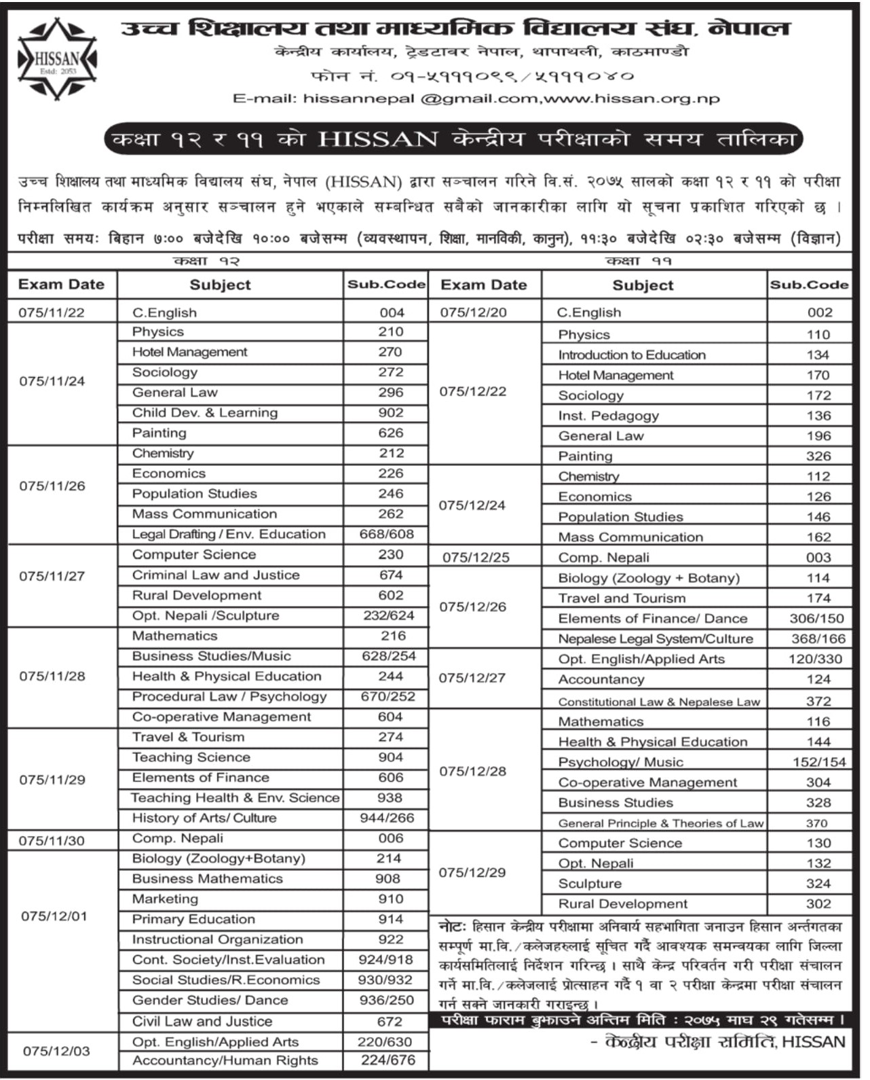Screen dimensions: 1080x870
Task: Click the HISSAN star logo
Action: pyautogui.click(x=57, y=58)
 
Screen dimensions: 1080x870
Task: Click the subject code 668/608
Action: pyautogui.click(x=386, y=535)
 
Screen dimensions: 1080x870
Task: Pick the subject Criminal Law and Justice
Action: pyautogui.click(x=216, y=575)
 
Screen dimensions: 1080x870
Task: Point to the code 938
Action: pyautogui.click(x=390, y=798)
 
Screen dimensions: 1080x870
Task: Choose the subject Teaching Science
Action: pyautogui.click(x=191, y=757)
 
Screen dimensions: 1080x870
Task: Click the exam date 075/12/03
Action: pyautogui.click(x=56, y=1051)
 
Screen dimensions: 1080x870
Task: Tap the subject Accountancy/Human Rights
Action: pyautogui.click(x=225, y=1061)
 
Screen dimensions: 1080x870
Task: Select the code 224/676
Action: pyautogui.click(x=388, y=1061)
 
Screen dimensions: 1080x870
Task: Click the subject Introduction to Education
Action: pyautogui.click(x=632, y=355)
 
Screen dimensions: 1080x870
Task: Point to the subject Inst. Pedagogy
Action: pyautogui.click(x=608, y=416)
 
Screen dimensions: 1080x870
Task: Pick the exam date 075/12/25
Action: pyautogui.click(x=476, y=558)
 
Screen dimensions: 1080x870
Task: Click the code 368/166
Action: pyautogui.click(x=818, y=639)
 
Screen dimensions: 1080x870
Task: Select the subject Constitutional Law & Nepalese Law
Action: pyautogui.click(x=659, y=702)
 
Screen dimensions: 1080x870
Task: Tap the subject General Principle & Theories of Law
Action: pyautogui.click(x=661, y=824)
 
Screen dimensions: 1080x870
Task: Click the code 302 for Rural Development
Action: pyautogui.click(x=818, y=904)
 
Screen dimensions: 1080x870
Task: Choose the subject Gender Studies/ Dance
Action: pyautogui.click(x=210, y=1001)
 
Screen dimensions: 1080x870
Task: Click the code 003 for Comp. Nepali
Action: pyautogui.click(x=818, y=558)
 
